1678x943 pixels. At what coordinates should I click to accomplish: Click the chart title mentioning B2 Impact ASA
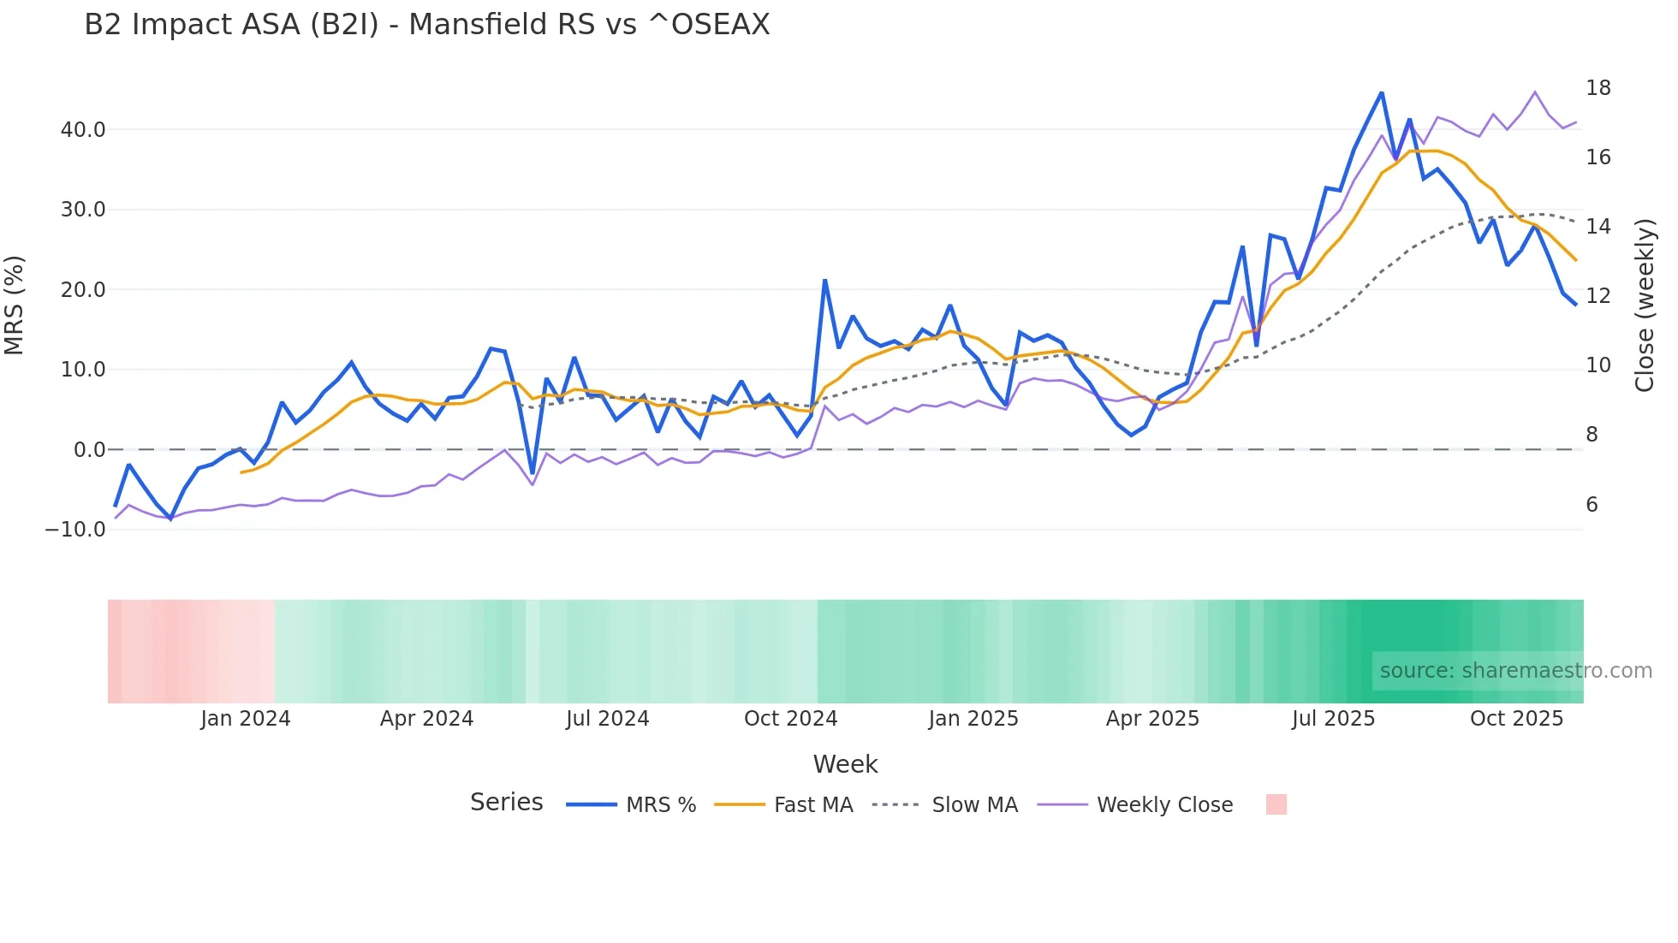[x=426, y=25]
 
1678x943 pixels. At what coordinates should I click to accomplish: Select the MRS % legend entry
[x=660, y=805]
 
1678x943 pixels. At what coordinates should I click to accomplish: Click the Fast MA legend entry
[x=812, y=805]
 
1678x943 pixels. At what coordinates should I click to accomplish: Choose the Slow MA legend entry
[x=974, y=805]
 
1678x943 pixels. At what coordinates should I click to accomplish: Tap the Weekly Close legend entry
[x=1164, y=805]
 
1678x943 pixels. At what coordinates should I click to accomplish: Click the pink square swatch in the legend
[x=1276, y=804]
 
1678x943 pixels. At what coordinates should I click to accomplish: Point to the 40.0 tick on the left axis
[x=83, y=130]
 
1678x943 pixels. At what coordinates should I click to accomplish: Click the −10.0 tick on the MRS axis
[x=75, y=530]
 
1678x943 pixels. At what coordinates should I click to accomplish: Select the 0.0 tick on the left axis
[x=90, y=450]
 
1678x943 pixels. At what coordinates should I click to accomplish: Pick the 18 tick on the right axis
[x=1598, y=88]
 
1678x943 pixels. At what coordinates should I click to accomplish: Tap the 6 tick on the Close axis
[x=1592, y=505]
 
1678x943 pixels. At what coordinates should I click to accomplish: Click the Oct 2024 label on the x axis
[x=790, y=719]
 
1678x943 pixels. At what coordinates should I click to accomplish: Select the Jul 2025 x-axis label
[x=1333, y=719]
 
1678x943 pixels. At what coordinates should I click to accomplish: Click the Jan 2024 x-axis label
[x=246, y=719]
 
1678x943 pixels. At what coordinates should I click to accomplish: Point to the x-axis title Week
[x=845, y=764]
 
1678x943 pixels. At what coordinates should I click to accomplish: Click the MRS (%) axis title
[x=15, y=305]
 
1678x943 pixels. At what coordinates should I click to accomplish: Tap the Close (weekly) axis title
[x=1645, y=305]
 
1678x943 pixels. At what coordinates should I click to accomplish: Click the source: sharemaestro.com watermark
[x=1515, y=671]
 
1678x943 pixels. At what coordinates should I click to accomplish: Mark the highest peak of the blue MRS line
[x=1381, y=92]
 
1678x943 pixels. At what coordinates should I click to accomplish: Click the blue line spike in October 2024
[x=824, y=280]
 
